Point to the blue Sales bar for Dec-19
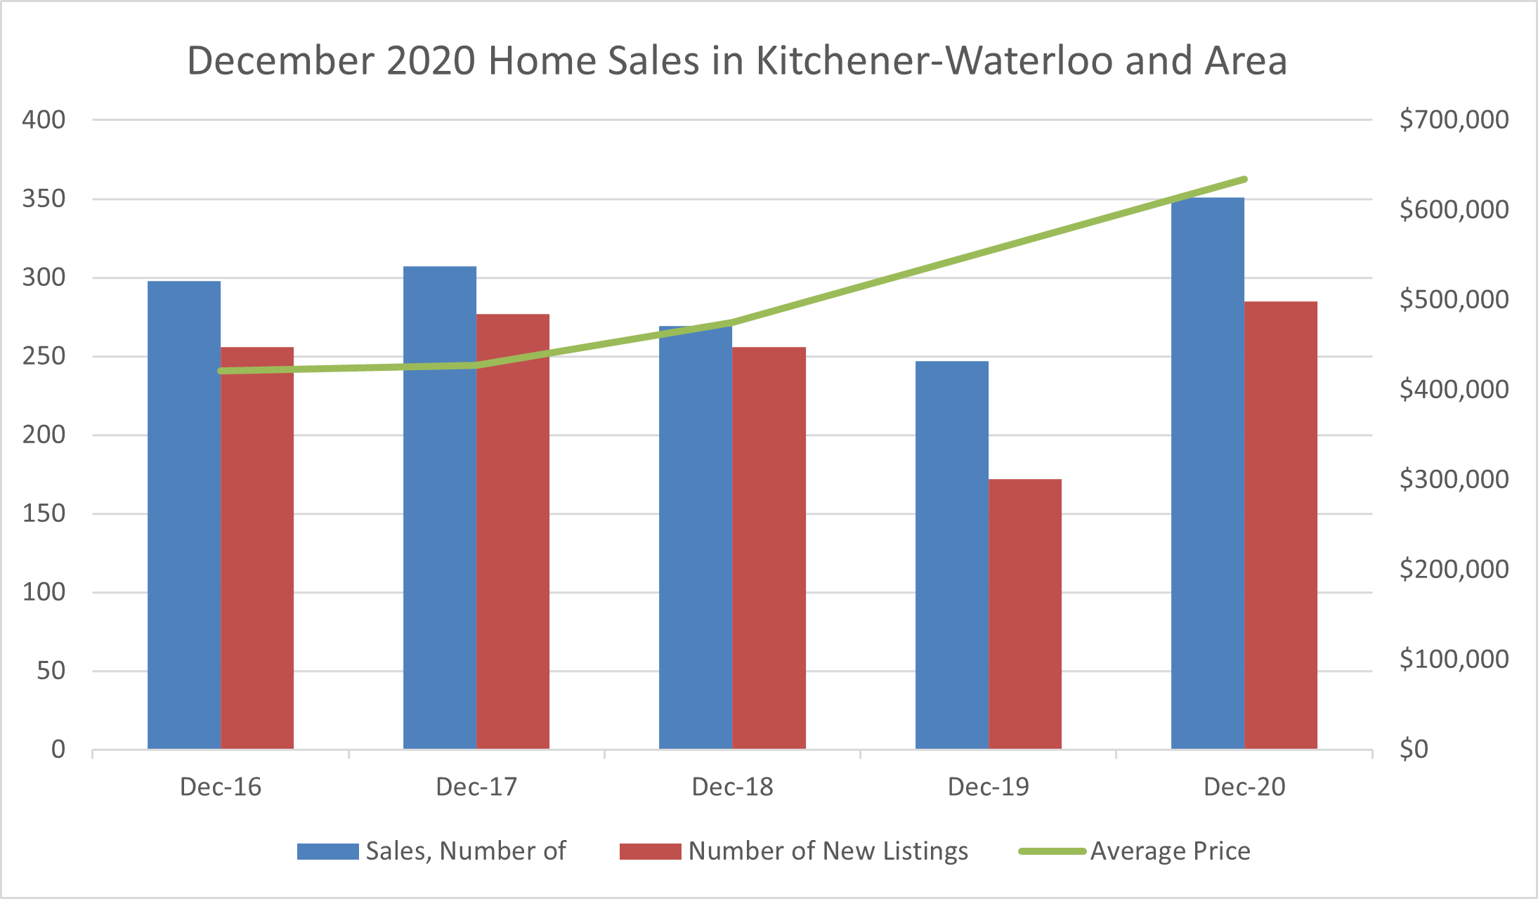[x=952, y=555]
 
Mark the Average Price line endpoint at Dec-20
[x=1244, y=180]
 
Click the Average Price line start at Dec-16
[x=221, y=371]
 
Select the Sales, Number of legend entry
[x=431, y=851]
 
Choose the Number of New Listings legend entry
[x=794, y=851]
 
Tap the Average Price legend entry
[x=1135, y=851]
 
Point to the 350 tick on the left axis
[x=44, y=199]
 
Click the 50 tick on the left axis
[x=51, y=671]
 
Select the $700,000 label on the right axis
[x=1454, y=119]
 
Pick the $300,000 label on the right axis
[x=1454, y=479]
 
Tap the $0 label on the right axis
[x=1414, y=749]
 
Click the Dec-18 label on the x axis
[x=732, y=787]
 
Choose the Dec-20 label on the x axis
[x=1244, y=787]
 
